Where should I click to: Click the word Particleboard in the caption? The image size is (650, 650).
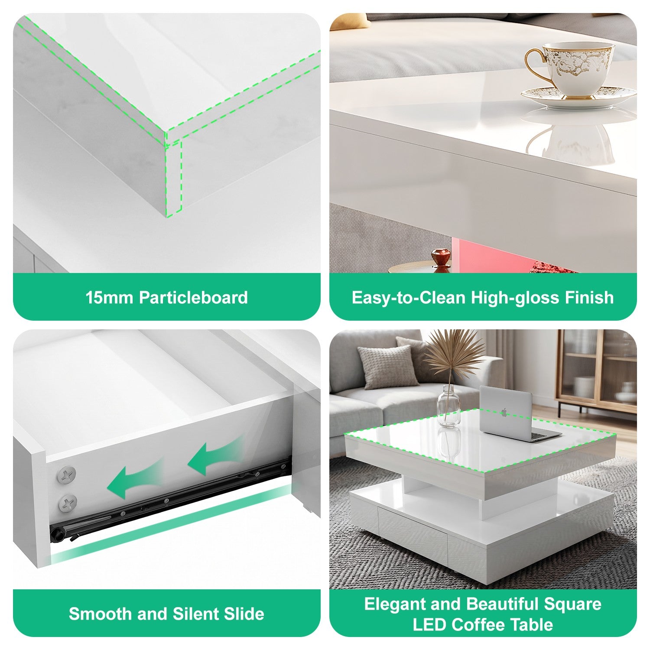[x=193, y=298]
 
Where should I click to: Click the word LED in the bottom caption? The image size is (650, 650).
[x=429, y=625]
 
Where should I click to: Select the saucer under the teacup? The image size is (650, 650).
[x=578, y=97]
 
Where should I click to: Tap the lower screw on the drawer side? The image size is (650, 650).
[x=68, y=504]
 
